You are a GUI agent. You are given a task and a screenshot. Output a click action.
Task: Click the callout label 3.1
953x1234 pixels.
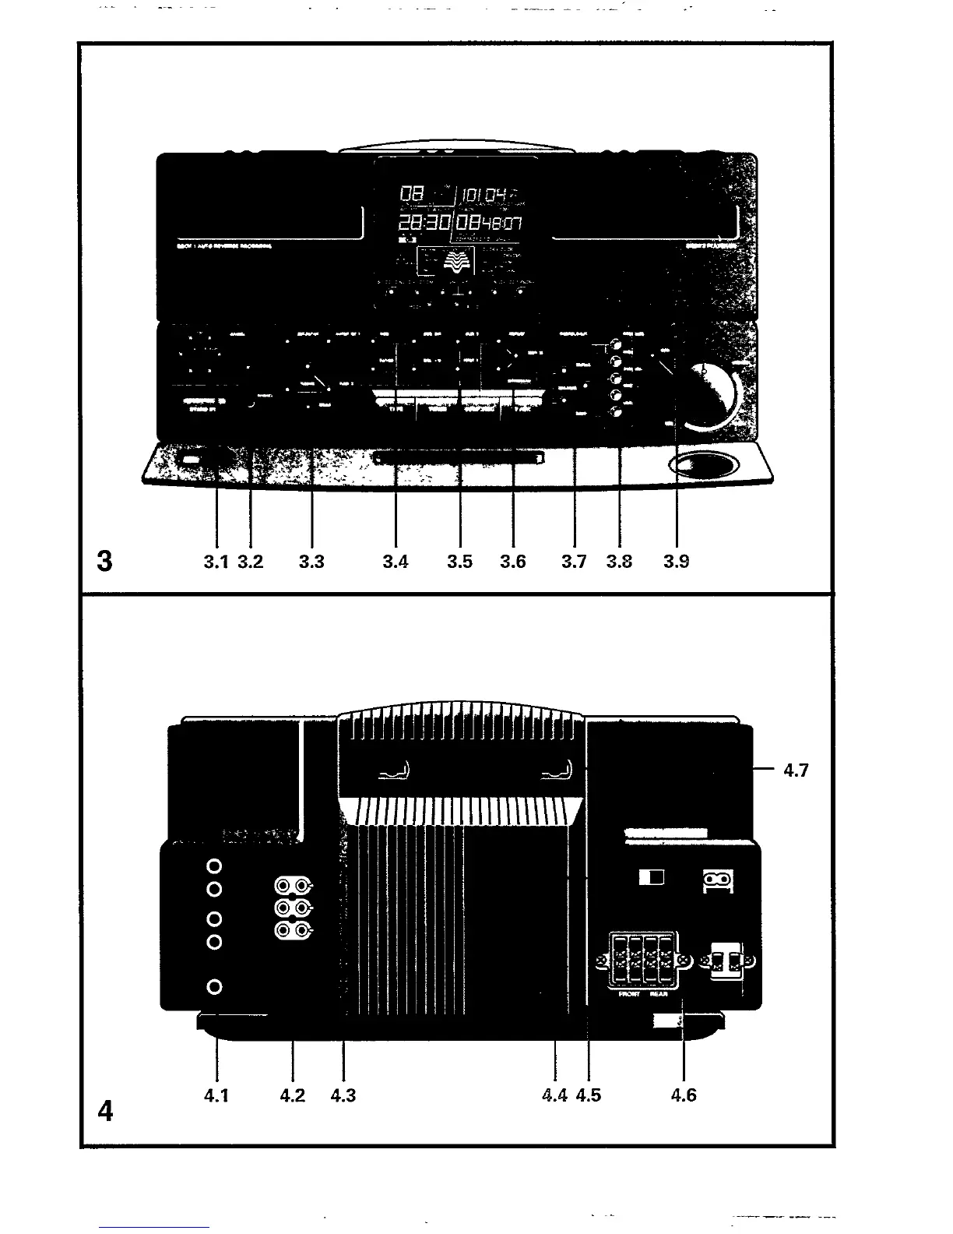(215, 562)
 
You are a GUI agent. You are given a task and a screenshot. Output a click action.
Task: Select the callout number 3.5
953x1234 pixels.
(460, 562)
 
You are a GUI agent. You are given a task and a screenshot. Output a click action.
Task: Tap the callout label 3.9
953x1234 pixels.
(677, 562)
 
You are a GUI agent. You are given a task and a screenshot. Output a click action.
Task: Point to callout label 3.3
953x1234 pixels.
(311, 562)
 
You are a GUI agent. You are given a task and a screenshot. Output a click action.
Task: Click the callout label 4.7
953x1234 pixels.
(797, 770)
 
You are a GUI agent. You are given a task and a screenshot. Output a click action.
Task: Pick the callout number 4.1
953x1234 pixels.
(216, 1095)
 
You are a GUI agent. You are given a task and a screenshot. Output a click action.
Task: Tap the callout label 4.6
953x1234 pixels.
(684, 1095)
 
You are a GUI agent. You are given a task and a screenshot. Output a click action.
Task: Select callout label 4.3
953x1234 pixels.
(343, 1095)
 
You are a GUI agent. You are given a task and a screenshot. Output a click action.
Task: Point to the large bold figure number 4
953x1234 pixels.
(106, 1111)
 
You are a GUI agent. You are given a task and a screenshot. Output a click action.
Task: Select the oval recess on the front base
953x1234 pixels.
(703, 466)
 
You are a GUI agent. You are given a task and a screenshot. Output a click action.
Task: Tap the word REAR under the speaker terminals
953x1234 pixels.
(659, 995)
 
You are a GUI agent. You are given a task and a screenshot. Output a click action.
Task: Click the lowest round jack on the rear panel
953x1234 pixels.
(216, 987)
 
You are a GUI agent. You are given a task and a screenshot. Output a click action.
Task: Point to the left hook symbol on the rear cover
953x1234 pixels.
(399, 772)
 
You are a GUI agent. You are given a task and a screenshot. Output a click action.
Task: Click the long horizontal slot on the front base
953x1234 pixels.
(459, 460)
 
